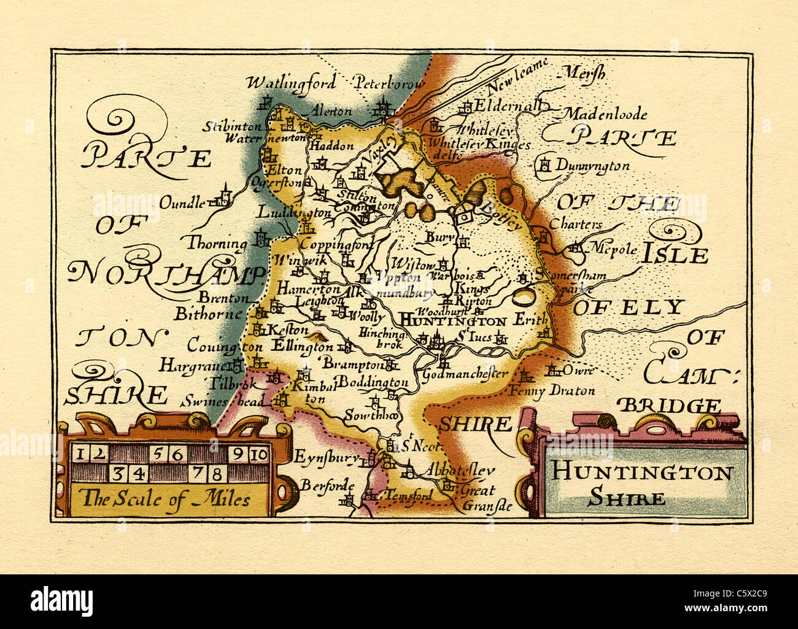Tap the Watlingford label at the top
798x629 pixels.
pyautogui.click(x=291, y=82)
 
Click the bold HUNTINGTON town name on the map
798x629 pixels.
pyautogui.click(x=453, y=320)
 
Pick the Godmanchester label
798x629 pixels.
pyautogui.click(x=466, y=374)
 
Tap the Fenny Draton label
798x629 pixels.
pyautogui.click(x=552, y=390)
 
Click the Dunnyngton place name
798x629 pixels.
pyautogui.click(x=593, y=166)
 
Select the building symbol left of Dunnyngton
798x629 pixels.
pyautogui.click(x=544, y=164)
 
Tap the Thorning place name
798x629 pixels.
pyautogui.click(x=217, y=243)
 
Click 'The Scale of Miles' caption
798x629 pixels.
pyautogui.click(x=166, y=498)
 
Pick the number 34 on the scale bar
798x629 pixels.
pyautogui.click(x=128, y=473)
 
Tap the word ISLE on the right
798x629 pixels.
pyautogui.click(x=675, y=255)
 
